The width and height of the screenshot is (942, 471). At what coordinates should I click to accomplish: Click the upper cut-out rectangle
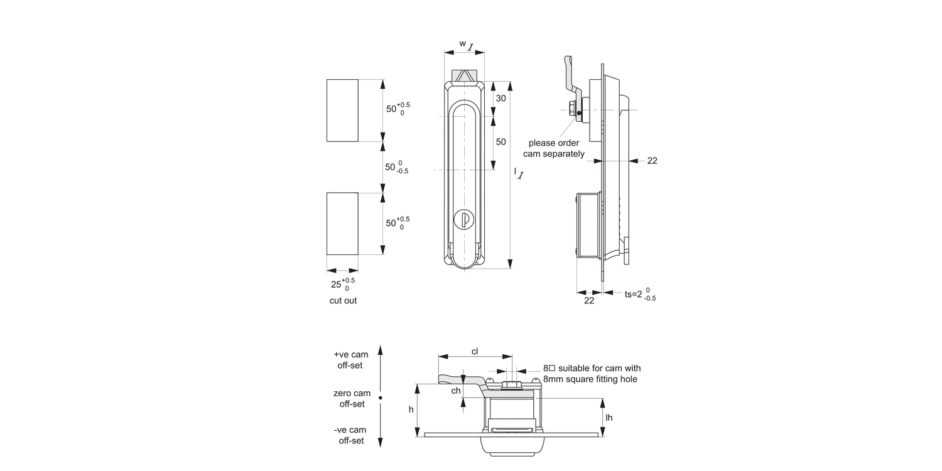pos(342,111)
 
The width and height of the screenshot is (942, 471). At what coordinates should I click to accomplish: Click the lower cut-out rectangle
pos(342,224)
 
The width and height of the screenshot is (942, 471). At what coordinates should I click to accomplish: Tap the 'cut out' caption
pos(343,301)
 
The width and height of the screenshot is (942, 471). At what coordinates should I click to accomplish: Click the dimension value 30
pos(501,99)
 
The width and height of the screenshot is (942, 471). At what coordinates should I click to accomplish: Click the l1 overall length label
pos(518,173)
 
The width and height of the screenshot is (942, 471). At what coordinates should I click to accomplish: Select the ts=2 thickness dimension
pos(640,294)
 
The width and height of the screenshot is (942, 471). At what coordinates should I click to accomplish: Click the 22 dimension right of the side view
pos(652,161)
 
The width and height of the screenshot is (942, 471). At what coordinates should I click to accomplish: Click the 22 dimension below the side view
pos(589,301)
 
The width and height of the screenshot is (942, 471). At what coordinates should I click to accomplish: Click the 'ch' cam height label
pos(457,391)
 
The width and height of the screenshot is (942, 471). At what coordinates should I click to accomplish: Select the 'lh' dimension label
pos(609,417)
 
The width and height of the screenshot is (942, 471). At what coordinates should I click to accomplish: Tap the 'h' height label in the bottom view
pos(411,409)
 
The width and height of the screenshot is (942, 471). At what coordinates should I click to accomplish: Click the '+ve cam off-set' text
pos(352,360)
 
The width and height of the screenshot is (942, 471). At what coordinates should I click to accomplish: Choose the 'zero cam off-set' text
pos(352,399)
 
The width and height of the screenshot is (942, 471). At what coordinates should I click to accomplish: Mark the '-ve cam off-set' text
pos(352,435)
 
